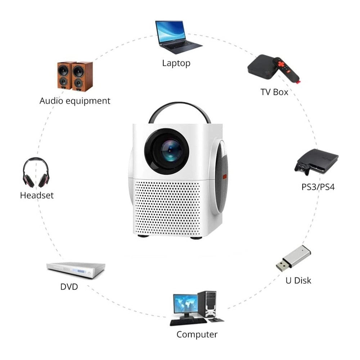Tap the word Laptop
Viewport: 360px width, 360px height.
pyautogui.click(x=176, y=63)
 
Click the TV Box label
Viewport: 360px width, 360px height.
pyautogui.click(x=274, y=92)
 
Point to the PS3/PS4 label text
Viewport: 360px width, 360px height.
pyautogui.click(x=318, y=187)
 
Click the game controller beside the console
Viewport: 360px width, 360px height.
pyautogui.click(x=302, y=169)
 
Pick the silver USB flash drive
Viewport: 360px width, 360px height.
pyautogui.click(x=293, y=258)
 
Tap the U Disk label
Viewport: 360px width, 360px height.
pyautogui.click(x=298, y=280)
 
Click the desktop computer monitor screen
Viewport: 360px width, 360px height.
pyautogui.click(x=185, y=303)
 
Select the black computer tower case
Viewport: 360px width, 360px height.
pyautogui.click(x=207, y=304)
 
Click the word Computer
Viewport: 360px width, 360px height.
pyautogui.click(x=197, y=334)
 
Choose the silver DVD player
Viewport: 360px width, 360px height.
pyautogui.click(x=76, y=270)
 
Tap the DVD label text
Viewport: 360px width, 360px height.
pyautogui.click(x=69, y=287)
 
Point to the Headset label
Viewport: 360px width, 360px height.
pyautogui.click(x=37, y=195)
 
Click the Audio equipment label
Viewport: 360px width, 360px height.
pyautogui.click(x=75, y=101)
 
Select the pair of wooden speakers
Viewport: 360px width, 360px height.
pyautogui.click(x=75, y=76)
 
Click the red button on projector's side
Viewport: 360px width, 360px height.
pyautogui.click(x=225, y=176)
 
